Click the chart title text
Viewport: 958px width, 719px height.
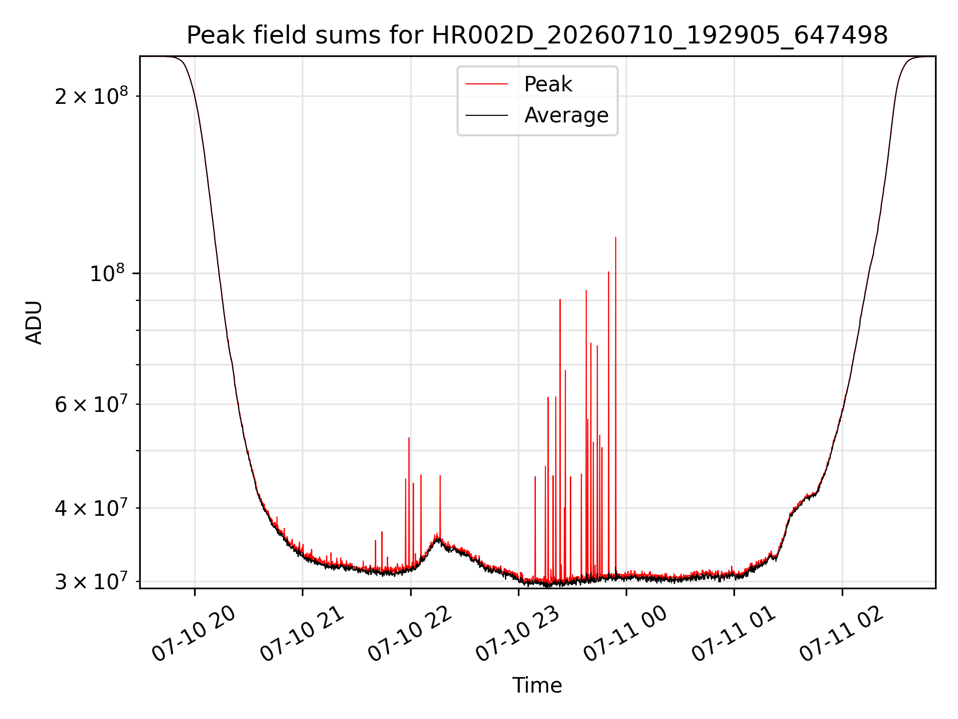pos(537,35)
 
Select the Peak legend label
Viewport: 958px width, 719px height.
pos(548,84)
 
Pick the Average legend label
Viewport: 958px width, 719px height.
pos(566,115)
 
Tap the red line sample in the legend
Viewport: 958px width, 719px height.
pos(487,84)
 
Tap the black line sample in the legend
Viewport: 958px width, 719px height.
pos(487,115)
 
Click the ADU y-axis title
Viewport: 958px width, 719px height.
pos(34,323)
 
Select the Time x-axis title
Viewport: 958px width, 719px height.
pos(537,686)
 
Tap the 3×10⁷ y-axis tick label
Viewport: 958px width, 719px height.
pos(91,581)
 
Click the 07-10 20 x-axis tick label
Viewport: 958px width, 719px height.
pos(193,634)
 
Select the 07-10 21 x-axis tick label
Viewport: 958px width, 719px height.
pos(302,634)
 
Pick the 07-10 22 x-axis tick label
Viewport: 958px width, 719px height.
pos(410,634)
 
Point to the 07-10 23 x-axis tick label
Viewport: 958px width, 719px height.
pos(517,634)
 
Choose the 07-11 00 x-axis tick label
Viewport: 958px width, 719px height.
pos(625,634)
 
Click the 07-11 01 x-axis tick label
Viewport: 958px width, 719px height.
pos(733,634)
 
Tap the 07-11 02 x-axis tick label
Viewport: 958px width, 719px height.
pos(841,634)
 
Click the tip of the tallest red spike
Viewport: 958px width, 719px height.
pos(616,238)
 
